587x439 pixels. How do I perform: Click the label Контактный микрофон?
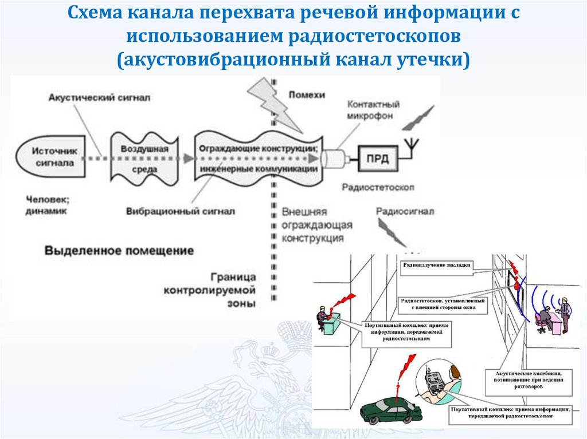373,110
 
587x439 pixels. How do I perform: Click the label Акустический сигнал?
99,97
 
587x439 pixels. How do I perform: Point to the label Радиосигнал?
405,211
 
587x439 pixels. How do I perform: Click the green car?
390,410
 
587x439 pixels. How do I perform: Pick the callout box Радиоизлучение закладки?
437,265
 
